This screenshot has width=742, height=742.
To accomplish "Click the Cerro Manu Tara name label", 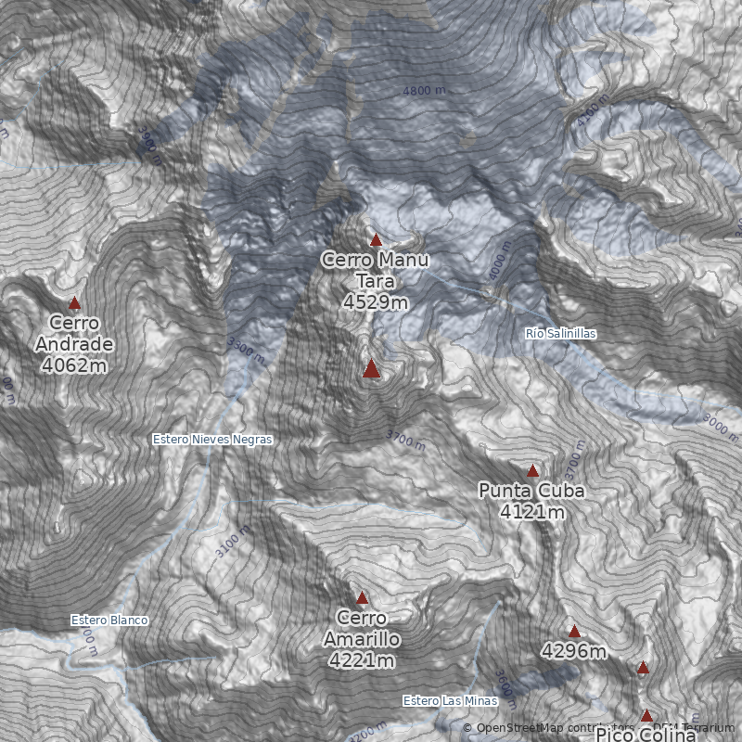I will (376, 270).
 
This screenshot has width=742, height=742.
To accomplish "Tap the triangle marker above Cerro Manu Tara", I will (376, 240).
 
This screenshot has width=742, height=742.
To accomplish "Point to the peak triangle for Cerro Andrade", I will (74, 303).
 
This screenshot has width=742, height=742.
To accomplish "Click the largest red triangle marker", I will (371, 369).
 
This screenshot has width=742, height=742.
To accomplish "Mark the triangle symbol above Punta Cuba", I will (532, 470).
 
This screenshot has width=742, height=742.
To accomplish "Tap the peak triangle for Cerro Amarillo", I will (362, 598).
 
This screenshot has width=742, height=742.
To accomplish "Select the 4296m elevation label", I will (574, 652).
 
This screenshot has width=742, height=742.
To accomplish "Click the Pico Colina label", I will (646, 734).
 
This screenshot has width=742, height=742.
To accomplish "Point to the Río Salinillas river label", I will (560, 333).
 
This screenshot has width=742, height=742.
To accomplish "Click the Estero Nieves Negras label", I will (212, 440).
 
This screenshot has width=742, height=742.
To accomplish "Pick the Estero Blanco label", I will (109, 620).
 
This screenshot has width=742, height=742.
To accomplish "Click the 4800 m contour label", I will (424, 91).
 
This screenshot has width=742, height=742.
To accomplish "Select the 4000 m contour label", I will (498, 262).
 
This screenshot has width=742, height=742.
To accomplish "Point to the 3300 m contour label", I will (246, 351).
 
